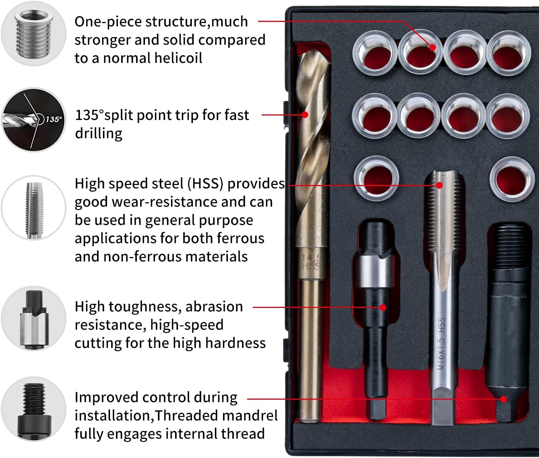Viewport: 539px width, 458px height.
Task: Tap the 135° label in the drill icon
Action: point(54,119)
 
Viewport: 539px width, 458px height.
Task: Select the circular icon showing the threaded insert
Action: point(33,33)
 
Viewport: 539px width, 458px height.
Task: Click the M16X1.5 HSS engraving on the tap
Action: point(441,344)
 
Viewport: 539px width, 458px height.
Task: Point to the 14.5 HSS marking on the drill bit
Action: point(311,262)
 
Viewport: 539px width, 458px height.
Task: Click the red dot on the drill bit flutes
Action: point(305,114)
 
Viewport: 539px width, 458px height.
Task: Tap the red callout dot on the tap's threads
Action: point(440,185)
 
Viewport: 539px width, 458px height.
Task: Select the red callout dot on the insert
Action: point(432,47)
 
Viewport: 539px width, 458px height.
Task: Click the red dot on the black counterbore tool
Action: point(383,307)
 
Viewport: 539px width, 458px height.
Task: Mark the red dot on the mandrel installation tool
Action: point(504,399)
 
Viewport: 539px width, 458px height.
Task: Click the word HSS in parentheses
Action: point(205,184)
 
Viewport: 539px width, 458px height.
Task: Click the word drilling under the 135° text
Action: point(99,133)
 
